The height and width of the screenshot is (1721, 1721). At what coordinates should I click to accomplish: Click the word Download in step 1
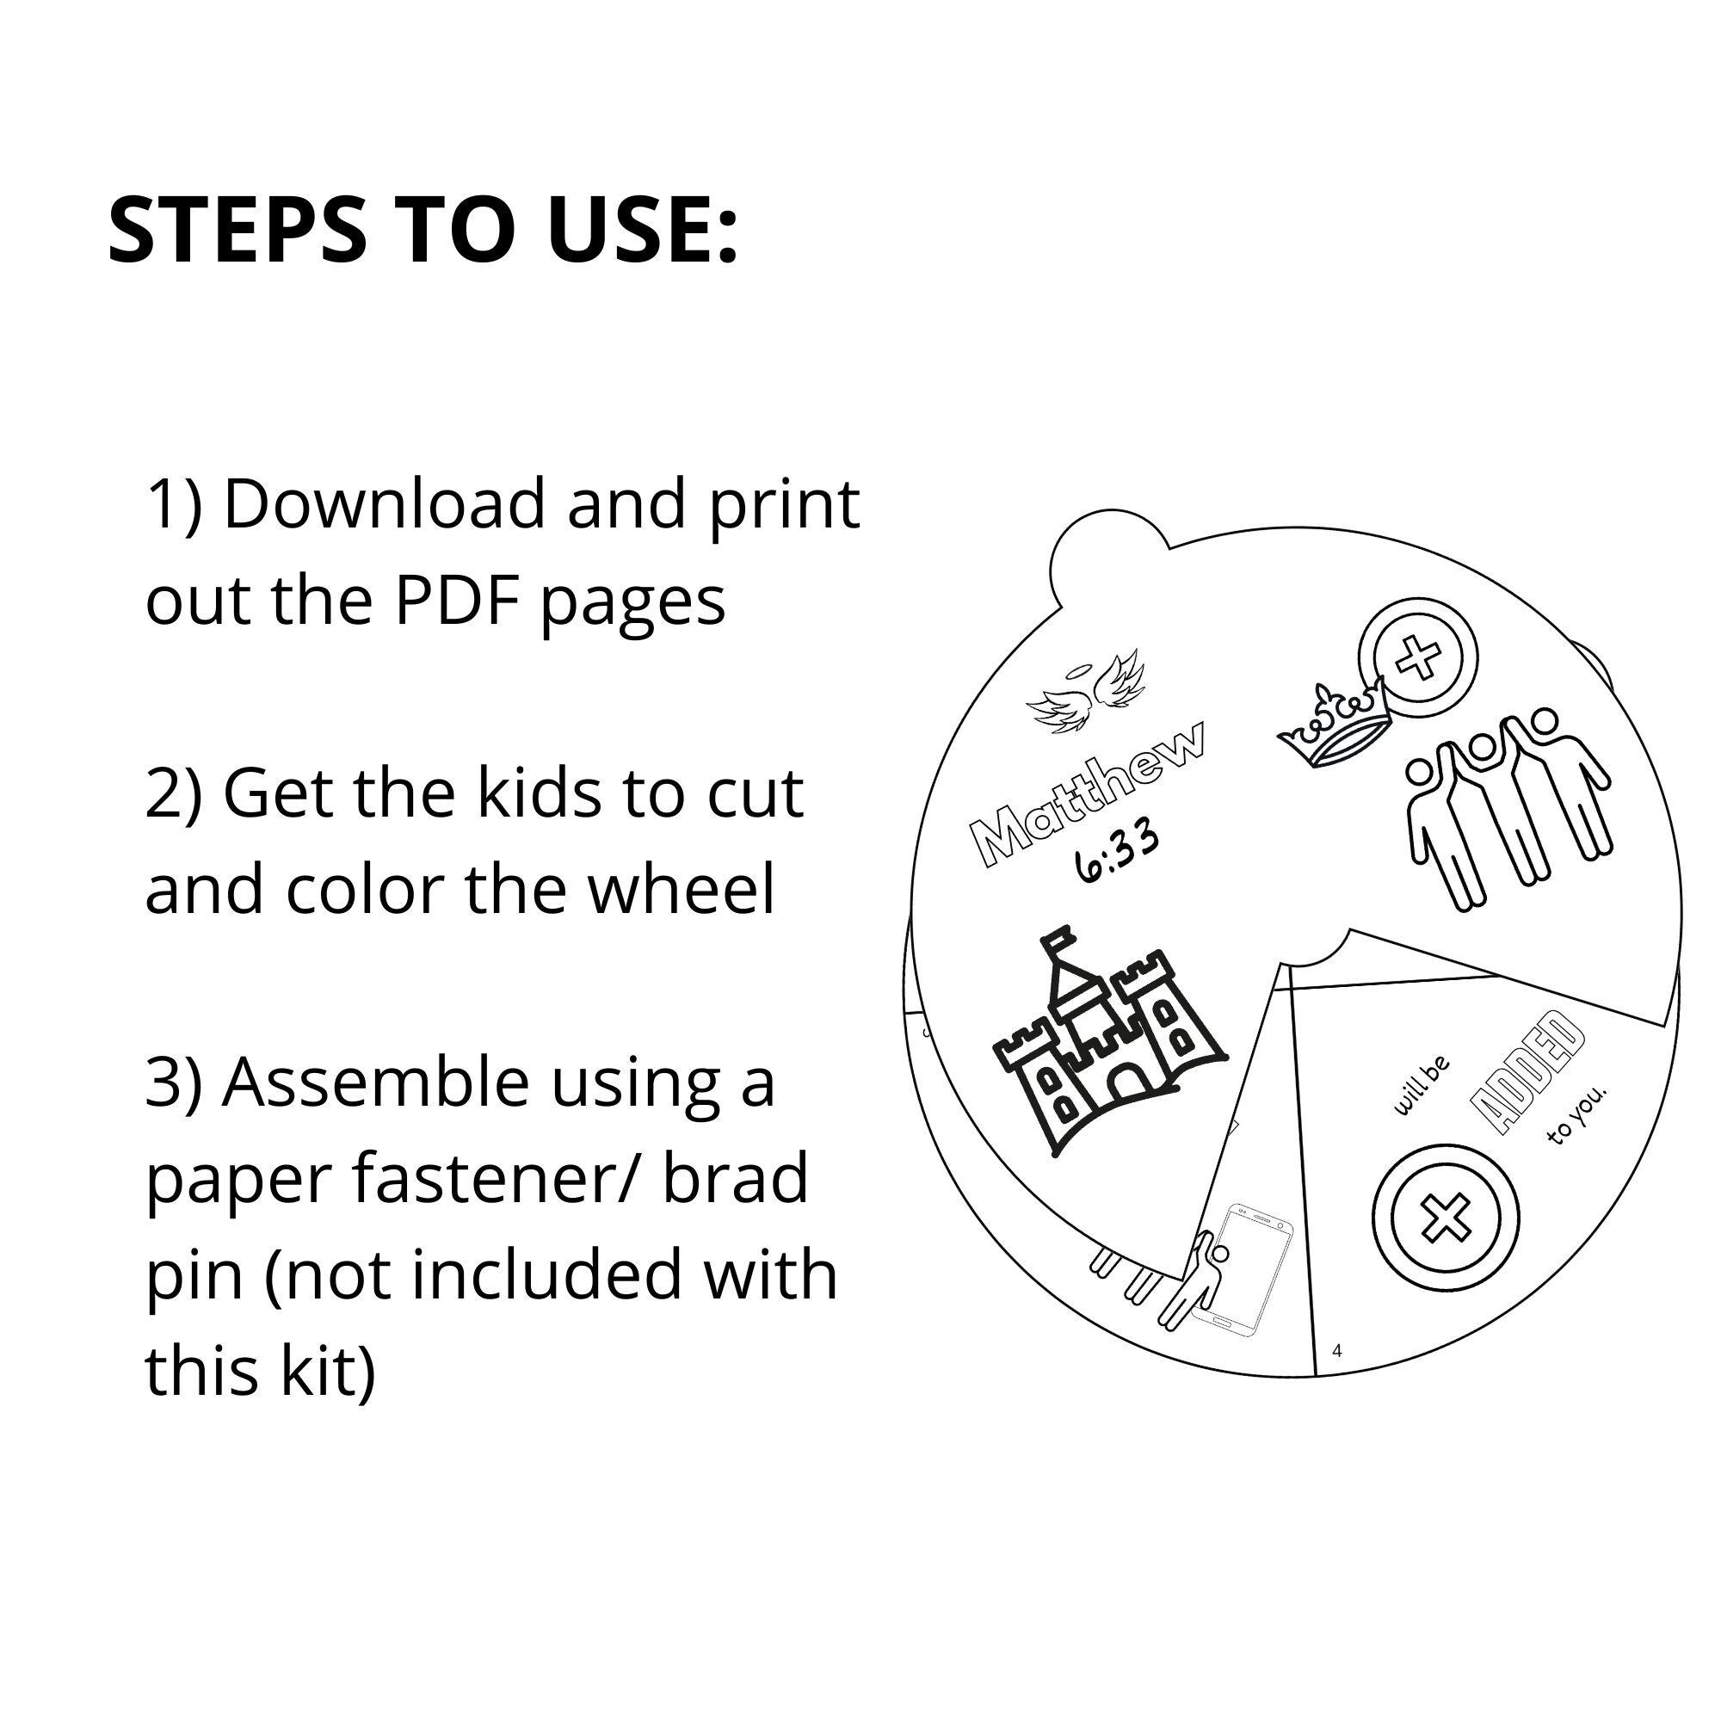(x=383, y=505)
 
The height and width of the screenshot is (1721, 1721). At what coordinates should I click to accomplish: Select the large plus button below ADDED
(x=1445, y=1218)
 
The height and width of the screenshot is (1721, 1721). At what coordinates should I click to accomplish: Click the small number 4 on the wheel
(x=1337, y=1351)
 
